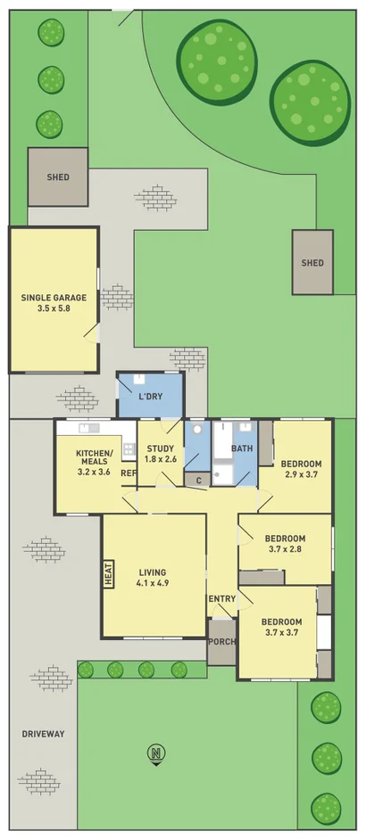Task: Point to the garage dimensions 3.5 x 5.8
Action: coord(54,308)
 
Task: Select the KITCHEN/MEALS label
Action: coord(94,458)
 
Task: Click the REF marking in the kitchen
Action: coord(128,473)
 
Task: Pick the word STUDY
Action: coord(160,448)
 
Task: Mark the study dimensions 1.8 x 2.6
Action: coord(160,459)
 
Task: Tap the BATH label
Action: coord(242,448)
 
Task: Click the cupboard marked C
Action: coord(197,480)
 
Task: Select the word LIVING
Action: coord(154,572)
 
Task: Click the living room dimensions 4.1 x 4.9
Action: coord(154,584)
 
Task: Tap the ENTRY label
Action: coord(221,598)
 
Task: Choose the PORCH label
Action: coord(221,642)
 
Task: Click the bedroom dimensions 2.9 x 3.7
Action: coord(300,476)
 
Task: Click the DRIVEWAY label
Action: coord(44,734)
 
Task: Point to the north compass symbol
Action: coord(156,754)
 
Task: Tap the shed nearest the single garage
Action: coord(58,177)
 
